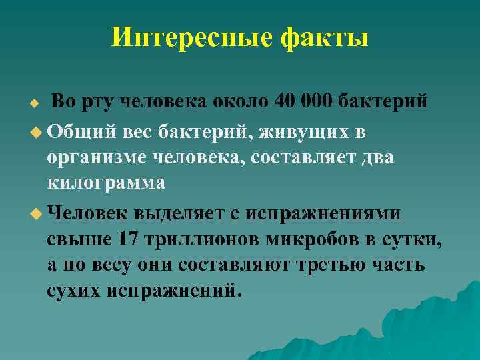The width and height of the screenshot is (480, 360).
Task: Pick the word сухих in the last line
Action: pyautogui.click(x=73, y=291)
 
